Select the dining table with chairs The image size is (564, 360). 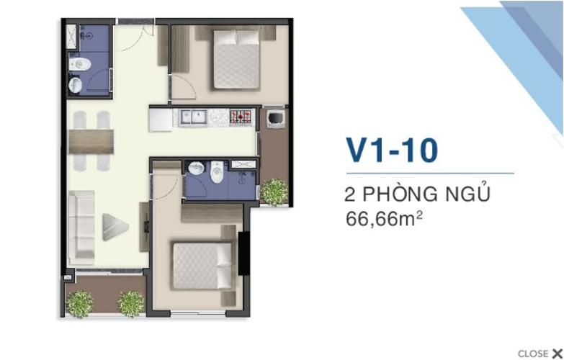(91, 140)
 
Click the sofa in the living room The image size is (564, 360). (81, 227)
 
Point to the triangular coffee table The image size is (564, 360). (114, 226)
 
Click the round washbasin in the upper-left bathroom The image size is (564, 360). (75, 86)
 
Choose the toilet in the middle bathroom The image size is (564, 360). (216, 173)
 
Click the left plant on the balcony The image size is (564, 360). (79, 303)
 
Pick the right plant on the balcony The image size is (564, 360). (130, 303)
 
